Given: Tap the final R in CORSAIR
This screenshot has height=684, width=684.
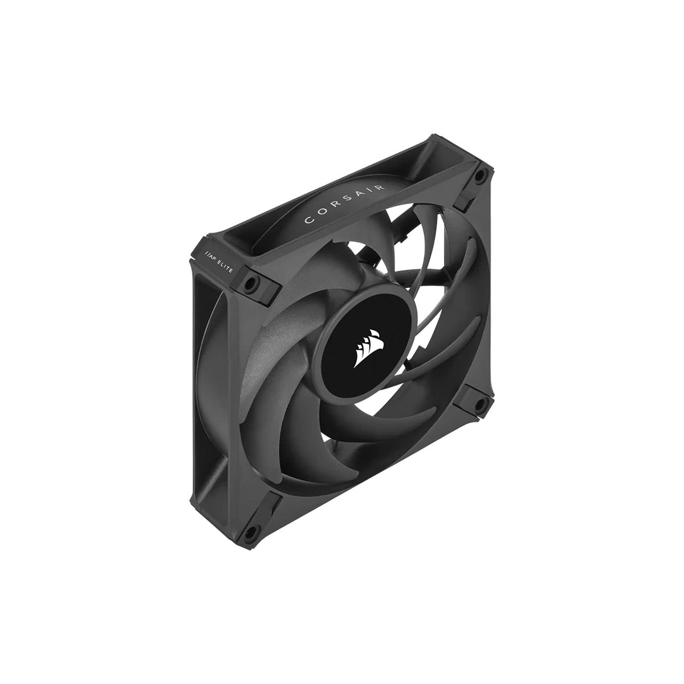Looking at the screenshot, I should pyautogui.click(x=380, y=187).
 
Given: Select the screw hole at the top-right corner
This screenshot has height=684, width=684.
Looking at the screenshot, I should pyautogui.click(x=478, y=174).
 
